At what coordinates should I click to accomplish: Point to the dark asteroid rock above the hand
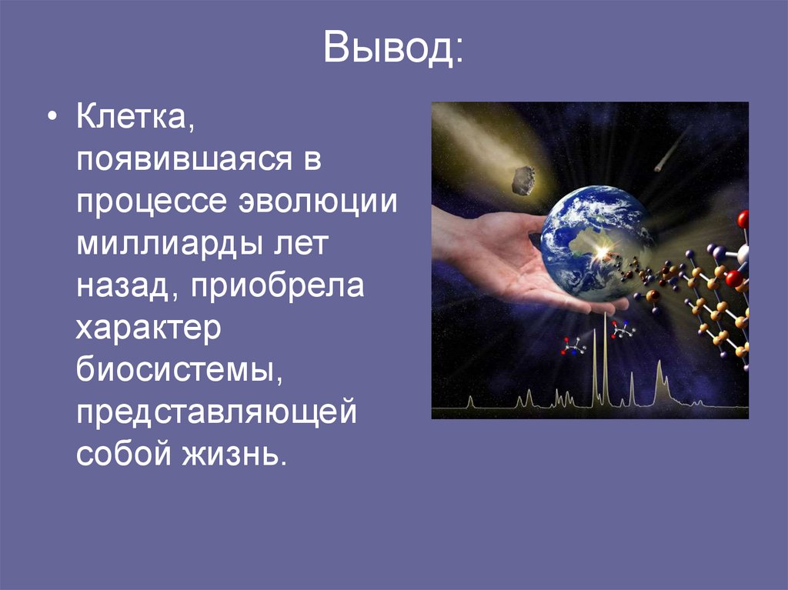[523, 180]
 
